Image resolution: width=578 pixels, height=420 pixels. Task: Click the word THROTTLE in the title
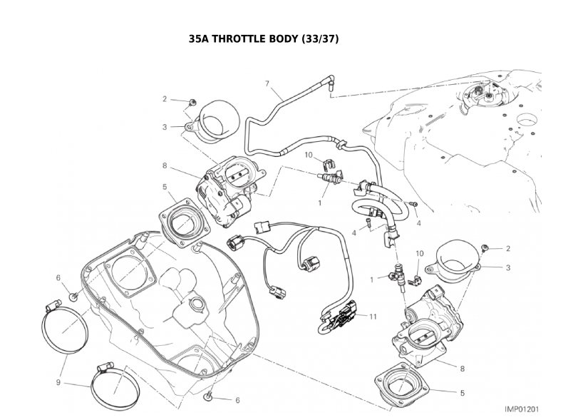(x=250, y=39)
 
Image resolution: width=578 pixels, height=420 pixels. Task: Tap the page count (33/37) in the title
(x=320, y=39)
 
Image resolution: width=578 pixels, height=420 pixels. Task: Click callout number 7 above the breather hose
(x=268, y=84)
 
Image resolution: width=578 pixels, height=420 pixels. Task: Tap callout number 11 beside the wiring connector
(x=373, y=315)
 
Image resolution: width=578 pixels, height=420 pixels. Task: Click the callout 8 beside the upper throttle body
(x=165, y=165)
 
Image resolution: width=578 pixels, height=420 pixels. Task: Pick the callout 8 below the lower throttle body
(x=463, y=369)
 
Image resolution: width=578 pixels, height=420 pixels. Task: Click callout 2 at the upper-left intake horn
(x=165, y=99)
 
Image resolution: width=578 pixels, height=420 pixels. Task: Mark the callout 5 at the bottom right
(x=463, y=392)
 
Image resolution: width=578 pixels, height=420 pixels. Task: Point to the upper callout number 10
(x=309, y=154)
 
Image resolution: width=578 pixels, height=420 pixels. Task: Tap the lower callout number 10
(x=420, y=253)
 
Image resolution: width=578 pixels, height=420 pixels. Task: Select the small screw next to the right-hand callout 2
(x=485, y=247)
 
